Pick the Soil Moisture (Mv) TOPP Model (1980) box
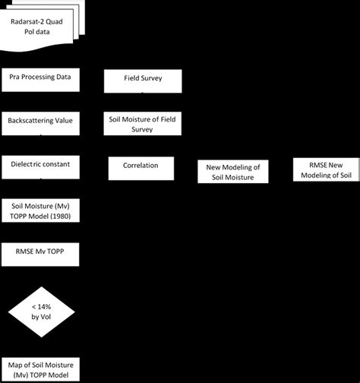pyautogui.click(x=41, y=210)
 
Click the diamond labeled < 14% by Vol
pyautogui.click(x=41, y=309)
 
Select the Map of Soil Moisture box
pyautogui.click(x=41, y=368)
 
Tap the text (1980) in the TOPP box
pyautogui.click(x=65, y=216)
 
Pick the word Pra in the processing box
pyautogui.click(x=15, y=76)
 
